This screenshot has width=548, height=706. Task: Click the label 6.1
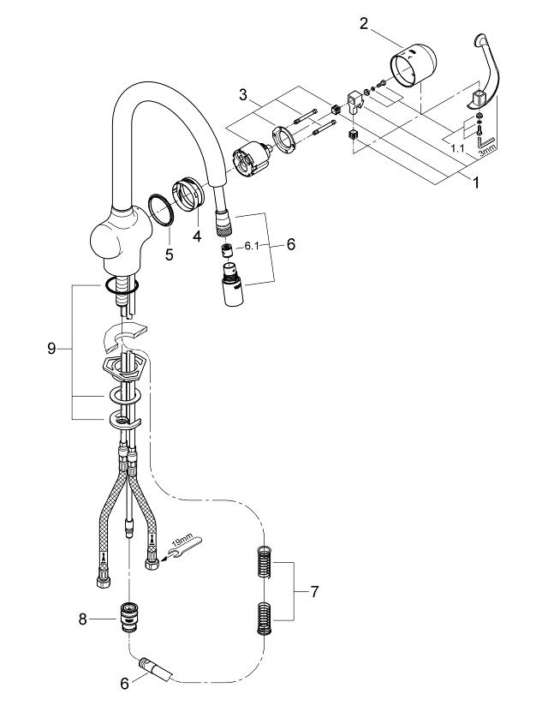pos(253,245)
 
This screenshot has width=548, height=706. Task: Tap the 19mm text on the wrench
pos(179,541)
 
